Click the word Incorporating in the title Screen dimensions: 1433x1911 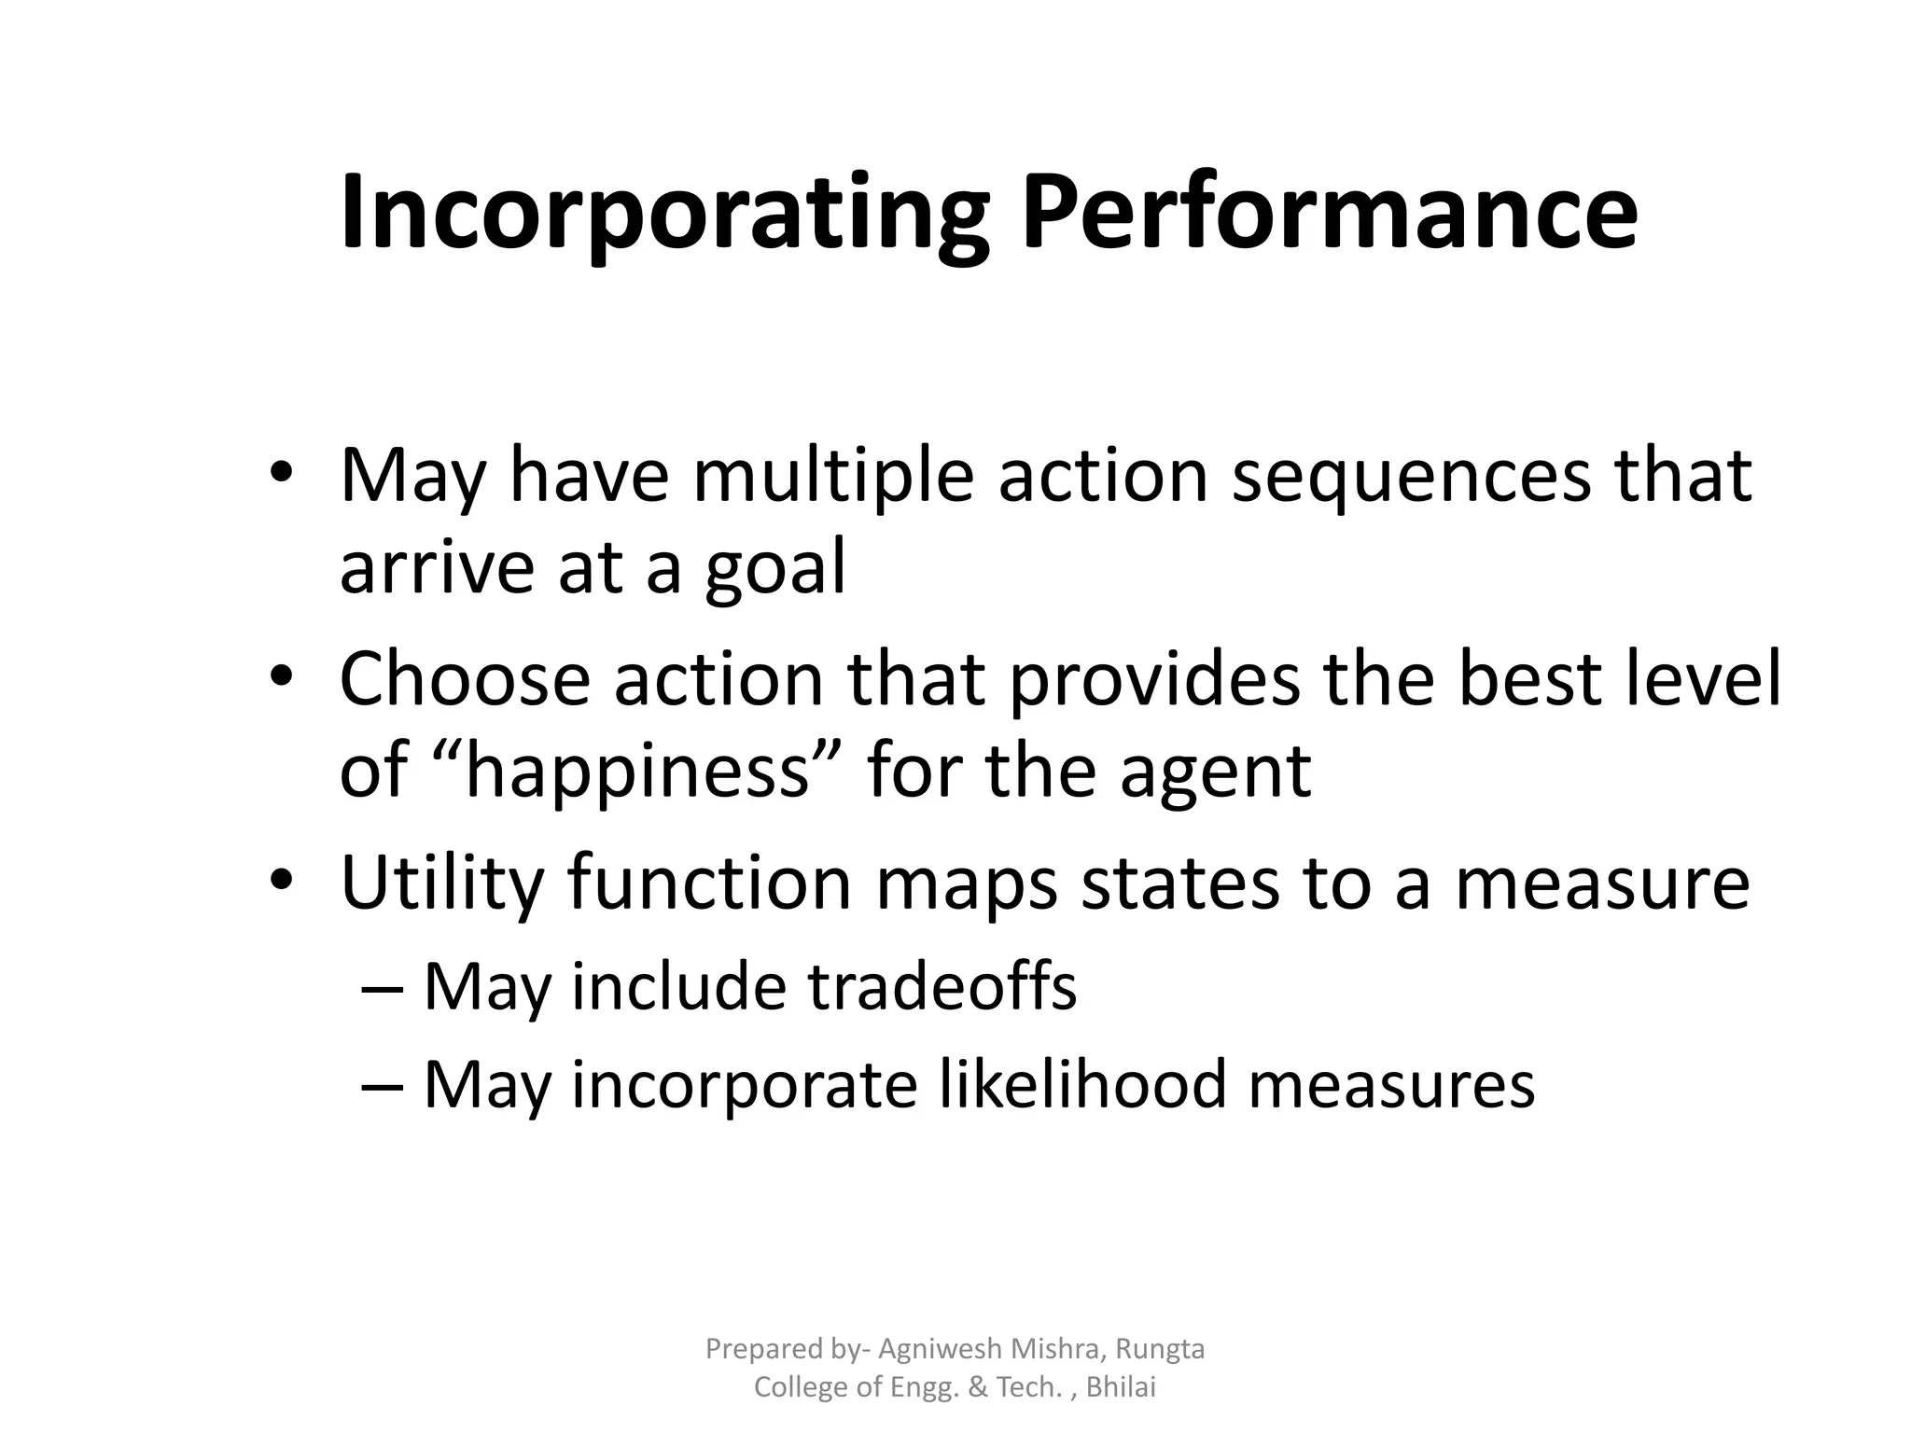point(663,213)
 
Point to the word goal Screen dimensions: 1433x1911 point(774,568)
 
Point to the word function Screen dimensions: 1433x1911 point(709,883)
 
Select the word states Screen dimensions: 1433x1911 point(1179,883)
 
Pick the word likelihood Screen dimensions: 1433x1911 point(1081,1085)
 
